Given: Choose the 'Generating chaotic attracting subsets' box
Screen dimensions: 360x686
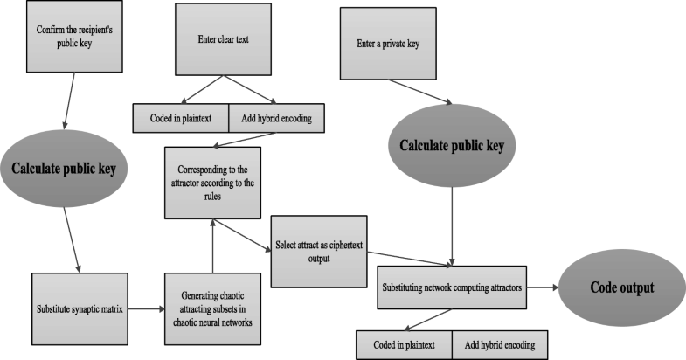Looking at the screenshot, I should [x=212, y=308].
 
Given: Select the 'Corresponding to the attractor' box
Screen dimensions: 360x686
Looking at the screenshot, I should [x=212, y=184].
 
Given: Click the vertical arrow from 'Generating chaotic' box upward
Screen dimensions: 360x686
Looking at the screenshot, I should [x=212, y=248].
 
